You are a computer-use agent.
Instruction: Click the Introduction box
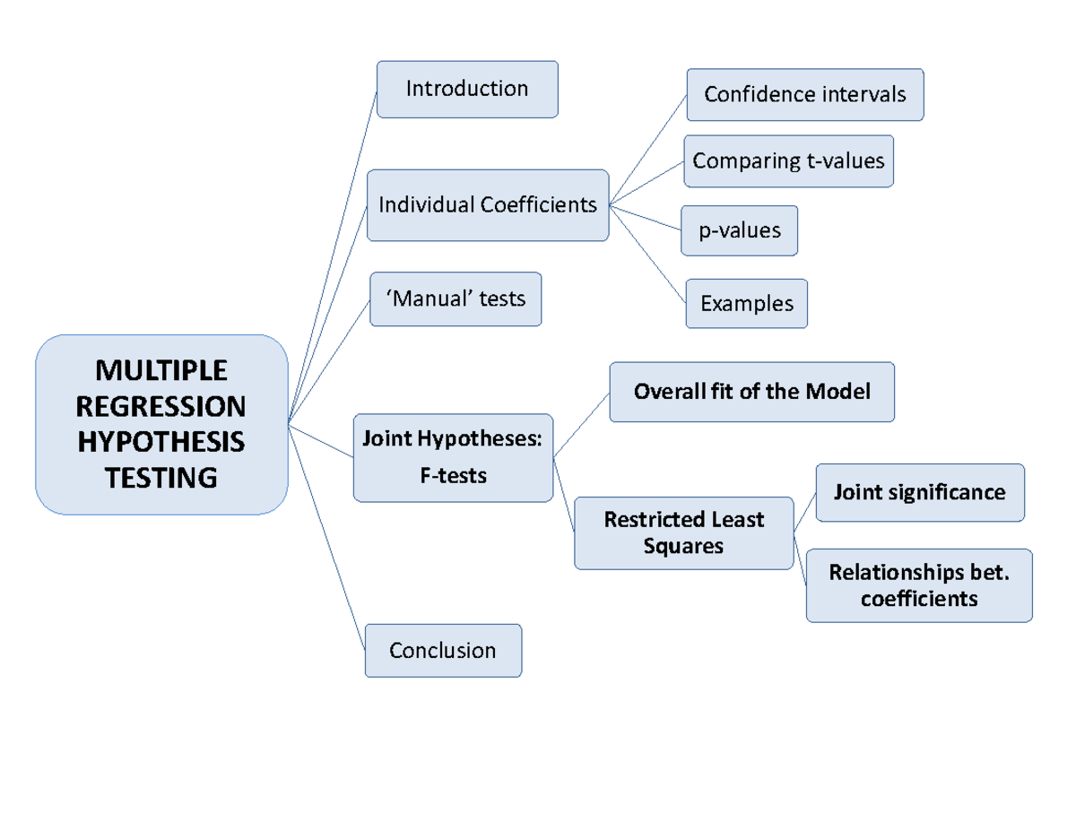point(467,89)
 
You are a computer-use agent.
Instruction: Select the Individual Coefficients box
point(488,205)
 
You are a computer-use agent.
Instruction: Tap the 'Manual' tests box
point(456,299)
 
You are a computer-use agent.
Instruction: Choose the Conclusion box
point(443,650)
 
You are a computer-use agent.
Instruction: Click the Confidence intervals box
point(804,95)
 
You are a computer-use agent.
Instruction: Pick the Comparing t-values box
point(788,161)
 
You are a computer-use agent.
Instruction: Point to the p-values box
point(740,230)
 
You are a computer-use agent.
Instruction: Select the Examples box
point(746,304)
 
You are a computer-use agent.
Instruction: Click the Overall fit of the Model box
point(751,392)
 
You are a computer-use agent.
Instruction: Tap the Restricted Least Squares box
point(683,532)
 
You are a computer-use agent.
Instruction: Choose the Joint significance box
point(919,492)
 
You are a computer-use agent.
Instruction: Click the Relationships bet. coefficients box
point(919,585)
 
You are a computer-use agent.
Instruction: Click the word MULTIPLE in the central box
point(162,369)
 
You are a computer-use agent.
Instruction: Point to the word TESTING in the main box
point(161,478)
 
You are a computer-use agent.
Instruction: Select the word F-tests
point(453,476)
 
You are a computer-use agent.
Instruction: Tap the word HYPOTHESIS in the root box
point(161,442)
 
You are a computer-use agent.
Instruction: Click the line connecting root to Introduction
point(332,256)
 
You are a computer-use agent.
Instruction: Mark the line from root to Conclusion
point(326,535)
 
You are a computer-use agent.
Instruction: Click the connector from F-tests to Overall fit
point(581,426)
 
